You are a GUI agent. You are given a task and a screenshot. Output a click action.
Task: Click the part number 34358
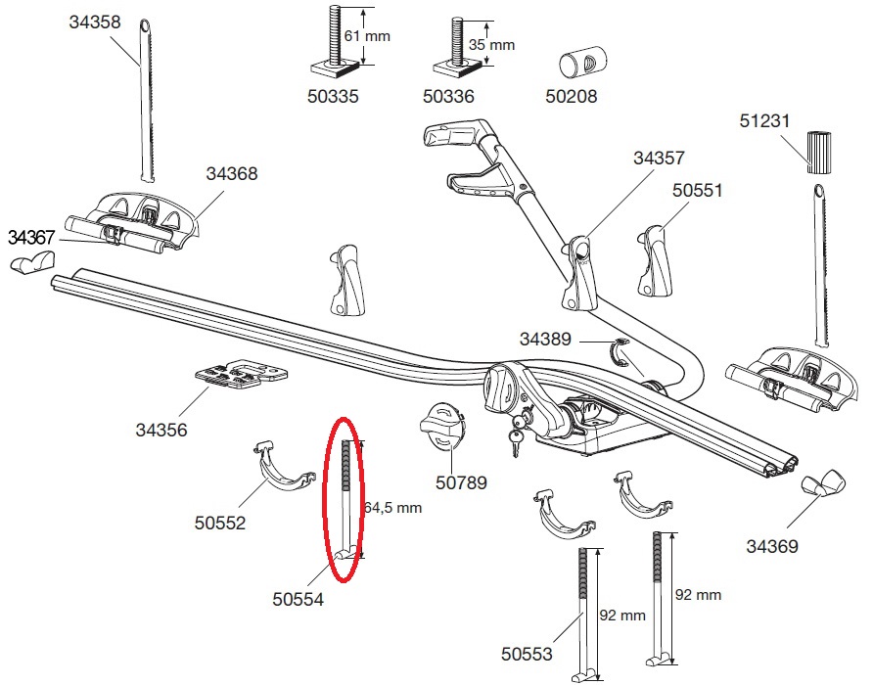(x=95, y=23)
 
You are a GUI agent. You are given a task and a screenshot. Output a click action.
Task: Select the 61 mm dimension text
(x=367, y=36)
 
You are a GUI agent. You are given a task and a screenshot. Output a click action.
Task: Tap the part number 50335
(x=332, y=97)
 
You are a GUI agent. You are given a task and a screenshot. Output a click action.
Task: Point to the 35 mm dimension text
(x=490, y=45)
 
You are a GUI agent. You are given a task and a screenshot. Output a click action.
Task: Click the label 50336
(x=448, y=97)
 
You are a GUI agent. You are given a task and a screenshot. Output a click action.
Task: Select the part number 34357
(x=660, y=158)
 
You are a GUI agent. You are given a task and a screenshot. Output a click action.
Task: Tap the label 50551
(x=697, y=190)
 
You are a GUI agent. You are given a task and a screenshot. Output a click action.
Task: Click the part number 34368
(x=232, y=174)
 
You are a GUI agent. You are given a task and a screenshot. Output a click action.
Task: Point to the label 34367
(x=34, y=237)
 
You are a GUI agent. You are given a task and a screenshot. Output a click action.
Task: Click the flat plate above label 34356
(x=240, y=374)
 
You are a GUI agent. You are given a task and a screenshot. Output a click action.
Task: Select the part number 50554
(x=297, y=598)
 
